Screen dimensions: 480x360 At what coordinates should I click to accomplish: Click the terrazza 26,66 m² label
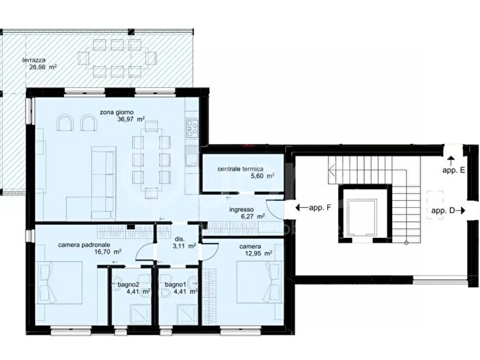(x=39, y=64)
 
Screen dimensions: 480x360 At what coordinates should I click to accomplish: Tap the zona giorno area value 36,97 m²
(x=131, y=119)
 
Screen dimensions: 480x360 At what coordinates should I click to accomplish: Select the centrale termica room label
(x=240, y=169)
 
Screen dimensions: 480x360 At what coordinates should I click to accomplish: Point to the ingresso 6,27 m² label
(x=247, y=213)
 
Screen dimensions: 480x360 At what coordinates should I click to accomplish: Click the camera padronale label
(x=84, y=245)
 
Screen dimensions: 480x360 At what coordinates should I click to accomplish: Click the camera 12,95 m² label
(x=255, y=250)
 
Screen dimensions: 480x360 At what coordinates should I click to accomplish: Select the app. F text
(x=320, y=208)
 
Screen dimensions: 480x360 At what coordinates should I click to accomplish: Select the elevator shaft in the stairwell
(x=364, y=213)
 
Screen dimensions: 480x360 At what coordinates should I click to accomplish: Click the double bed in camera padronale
(x=59, y=283)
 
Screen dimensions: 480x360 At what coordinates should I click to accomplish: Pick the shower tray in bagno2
(x=140, y=315)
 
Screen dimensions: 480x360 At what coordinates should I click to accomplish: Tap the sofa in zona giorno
(x=104, y=183)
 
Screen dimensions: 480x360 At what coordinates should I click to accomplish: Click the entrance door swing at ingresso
(x=274, y=208)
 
